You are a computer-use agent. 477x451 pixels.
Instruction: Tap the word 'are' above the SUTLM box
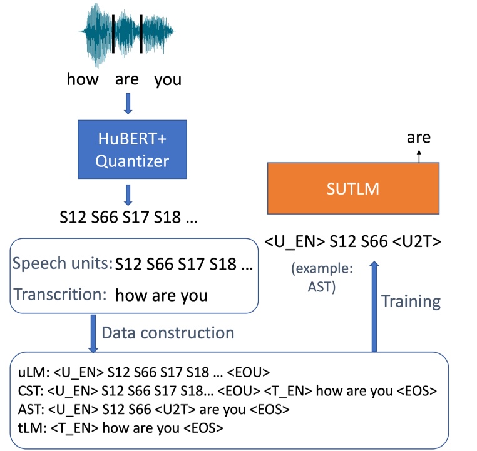418,138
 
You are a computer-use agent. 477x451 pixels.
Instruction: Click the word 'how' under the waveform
83,79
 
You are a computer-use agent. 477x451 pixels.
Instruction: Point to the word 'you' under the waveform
167,79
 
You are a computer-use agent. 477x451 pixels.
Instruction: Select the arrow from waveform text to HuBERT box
128,103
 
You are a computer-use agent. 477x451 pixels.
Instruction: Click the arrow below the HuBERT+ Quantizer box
128,195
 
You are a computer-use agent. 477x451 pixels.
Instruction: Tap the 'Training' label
411,302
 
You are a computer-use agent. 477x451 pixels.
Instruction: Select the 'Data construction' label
167,332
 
